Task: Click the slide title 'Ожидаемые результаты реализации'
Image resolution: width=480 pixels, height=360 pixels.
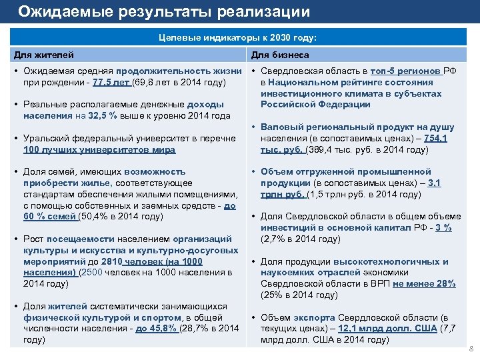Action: click(x=163, y=11)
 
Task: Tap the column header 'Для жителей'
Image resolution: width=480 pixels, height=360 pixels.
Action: click(x=44, y=55)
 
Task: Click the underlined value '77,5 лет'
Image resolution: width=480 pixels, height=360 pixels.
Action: click(x=112, y=83)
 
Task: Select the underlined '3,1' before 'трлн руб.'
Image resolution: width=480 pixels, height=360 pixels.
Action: click(x=434, y=183)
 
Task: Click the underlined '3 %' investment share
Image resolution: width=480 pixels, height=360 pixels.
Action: click(x=443, y=228)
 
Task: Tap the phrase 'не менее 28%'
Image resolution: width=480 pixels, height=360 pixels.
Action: click(x=424, y=284)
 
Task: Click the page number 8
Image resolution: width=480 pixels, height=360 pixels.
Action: click(x=471, y=349)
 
